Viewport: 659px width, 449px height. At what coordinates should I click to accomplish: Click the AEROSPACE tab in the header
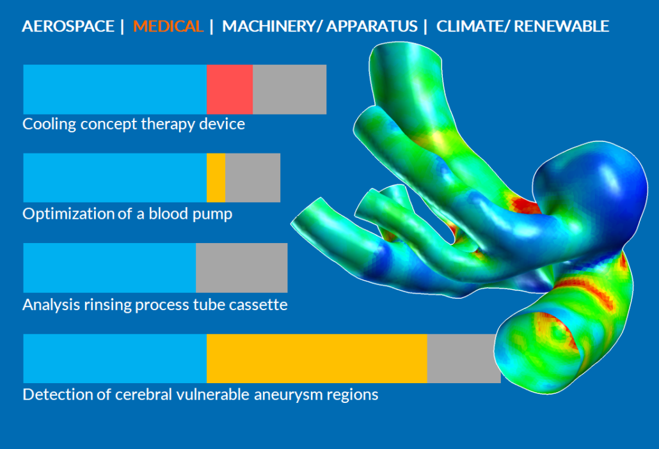click(68, 26)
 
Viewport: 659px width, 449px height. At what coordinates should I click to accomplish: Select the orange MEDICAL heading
click(168, 26)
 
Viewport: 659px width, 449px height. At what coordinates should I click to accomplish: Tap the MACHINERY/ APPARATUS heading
click(320, 26)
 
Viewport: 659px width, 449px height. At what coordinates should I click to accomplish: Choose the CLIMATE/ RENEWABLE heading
click(523, 26)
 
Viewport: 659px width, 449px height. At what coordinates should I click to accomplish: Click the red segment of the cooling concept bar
click(230, 90)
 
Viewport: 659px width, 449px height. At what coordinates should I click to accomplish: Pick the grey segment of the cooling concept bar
click(290, 90)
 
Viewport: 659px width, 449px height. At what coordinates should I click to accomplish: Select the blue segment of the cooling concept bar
click(115, 90)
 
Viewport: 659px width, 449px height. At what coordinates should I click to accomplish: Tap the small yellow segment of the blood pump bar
click(216, 178)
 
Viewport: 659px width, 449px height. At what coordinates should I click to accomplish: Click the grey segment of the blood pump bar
click(253, 178)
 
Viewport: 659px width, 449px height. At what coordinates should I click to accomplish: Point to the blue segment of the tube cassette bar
click(109, 267)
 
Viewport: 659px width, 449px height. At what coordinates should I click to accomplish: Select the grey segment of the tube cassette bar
click(242, 267)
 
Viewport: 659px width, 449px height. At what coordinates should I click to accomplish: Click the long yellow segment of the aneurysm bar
click(317, 358)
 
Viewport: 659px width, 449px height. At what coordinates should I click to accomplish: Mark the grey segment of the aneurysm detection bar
click(463, 358)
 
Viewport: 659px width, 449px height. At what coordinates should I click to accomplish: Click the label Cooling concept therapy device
click(134, 124)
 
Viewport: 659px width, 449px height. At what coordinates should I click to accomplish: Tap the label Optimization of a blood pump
click(127, 214)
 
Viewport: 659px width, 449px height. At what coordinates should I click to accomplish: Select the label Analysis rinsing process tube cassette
click(155, 304)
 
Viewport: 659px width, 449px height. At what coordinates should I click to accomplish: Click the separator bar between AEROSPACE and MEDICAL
click(122, 26)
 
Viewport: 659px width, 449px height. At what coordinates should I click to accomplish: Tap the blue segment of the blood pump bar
click(115, 178)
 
